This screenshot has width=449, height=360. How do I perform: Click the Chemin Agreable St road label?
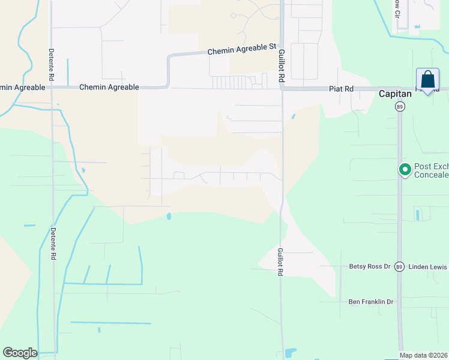(241, 49)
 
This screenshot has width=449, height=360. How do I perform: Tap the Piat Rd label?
(341, 88)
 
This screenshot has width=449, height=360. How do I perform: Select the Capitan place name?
(395, 94)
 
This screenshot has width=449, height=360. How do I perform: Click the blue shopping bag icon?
(427, 80)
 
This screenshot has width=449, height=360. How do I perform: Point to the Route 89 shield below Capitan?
(399, 106)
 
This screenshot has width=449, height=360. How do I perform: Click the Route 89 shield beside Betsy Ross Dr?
(399, 266)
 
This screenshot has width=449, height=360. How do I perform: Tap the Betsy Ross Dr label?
(370, 266)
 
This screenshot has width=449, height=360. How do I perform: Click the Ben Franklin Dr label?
(370, 302)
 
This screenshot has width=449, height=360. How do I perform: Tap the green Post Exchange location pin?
(405, 170)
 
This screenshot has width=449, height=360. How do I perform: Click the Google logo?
(20, 353)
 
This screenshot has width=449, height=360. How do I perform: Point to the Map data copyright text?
(424, 355)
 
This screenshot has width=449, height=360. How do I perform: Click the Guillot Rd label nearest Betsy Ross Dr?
(280, 262)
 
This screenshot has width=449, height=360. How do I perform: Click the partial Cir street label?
(397, 8)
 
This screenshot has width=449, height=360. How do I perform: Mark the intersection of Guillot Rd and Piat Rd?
(281, 88)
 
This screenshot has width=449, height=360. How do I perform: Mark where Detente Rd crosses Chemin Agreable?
(52, 88)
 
